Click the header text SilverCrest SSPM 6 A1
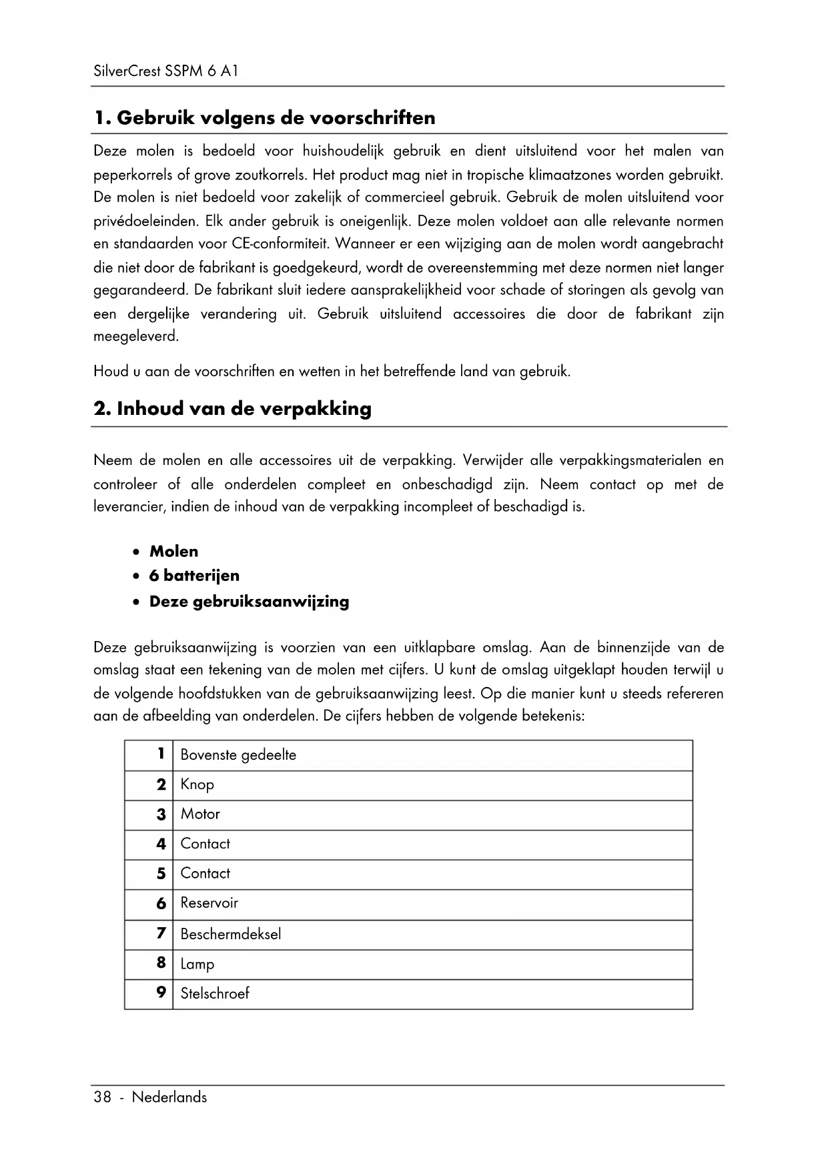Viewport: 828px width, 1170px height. coord(165,71)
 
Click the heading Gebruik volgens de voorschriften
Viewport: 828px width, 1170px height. coord(264,118)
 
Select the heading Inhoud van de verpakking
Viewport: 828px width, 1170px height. coord(232,409)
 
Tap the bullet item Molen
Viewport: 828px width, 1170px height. coord(173,552)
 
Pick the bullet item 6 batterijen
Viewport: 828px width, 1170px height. coord(194,576)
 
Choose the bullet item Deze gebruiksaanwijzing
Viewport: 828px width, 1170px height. coord(249,602)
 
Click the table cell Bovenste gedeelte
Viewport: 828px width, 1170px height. coord(238,755)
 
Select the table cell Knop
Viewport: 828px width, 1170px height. coord(197,784)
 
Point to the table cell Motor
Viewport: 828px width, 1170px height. coord(200,814)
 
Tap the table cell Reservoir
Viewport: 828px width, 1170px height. coord(209,903)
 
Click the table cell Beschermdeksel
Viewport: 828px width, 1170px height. coord(230,934)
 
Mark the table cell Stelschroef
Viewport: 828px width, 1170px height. coord(214,993)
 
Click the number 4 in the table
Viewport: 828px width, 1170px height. coord(161,844)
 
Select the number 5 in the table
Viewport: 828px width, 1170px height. coord(161,873)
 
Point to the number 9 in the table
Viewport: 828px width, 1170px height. coord(161,993)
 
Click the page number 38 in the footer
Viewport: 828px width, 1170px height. coord(102,1097)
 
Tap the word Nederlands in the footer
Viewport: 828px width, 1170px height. coord(169,1097)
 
